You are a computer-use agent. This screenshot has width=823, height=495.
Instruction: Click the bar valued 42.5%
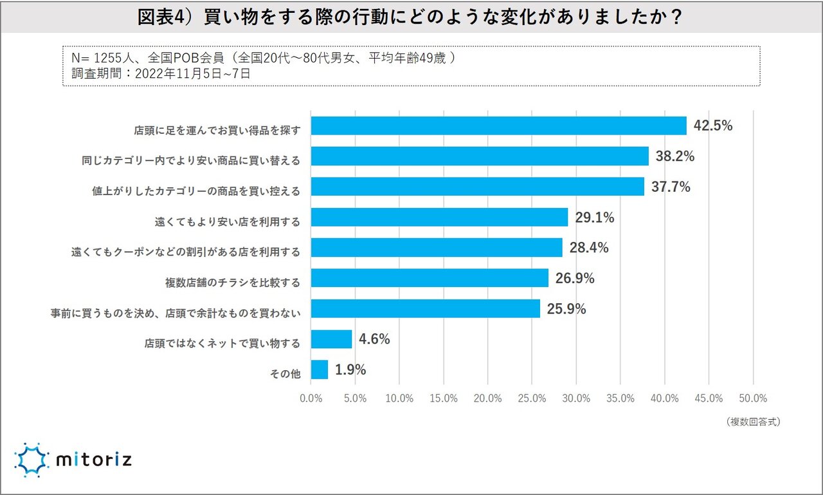(x=498, y=126)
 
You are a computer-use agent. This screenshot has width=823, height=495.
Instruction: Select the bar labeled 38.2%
(x=480, y=156)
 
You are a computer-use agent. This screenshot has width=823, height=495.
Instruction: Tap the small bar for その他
(x=319, y=369)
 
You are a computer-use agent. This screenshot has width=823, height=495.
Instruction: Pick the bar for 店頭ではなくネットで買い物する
(x=331, y=339)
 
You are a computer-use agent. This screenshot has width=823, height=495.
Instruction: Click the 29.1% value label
(x=595, y=218)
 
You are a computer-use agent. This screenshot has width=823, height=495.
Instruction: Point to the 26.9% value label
(x=575, y=279)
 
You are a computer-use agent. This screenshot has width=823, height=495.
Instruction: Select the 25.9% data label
(x=566, y=309)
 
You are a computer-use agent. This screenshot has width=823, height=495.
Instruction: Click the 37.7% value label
(x=671, y=187)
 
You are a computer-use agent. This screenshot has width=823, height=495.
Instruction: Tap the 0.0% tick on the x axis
(x=311, y=398)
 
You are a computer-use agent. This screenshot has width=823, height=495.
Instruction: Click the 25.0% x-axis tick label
(x=532, y=398)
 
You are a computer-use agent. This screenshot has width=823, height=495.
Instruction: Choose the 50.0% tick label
(x=753, y=398)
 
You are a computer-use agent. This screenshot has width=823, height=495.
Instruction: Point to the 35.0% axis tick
(x=620, y=398)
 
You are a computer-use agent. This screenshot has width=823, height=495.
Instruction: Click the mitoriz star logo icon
(x=32, y=460)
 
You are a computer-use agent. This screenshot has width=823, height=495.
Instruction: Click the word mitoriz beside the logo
(x=94, y=461)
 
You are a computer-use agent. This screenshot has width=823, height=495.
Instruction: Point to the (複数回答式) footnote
(x=754, y=422)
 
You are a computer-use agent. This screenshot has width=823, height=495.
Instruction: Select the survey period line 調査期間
(x=161, y=73)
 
